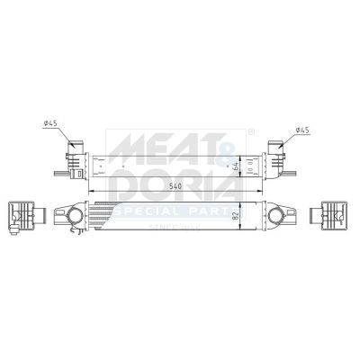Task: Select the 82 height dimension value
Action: [x=237, y=216]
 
